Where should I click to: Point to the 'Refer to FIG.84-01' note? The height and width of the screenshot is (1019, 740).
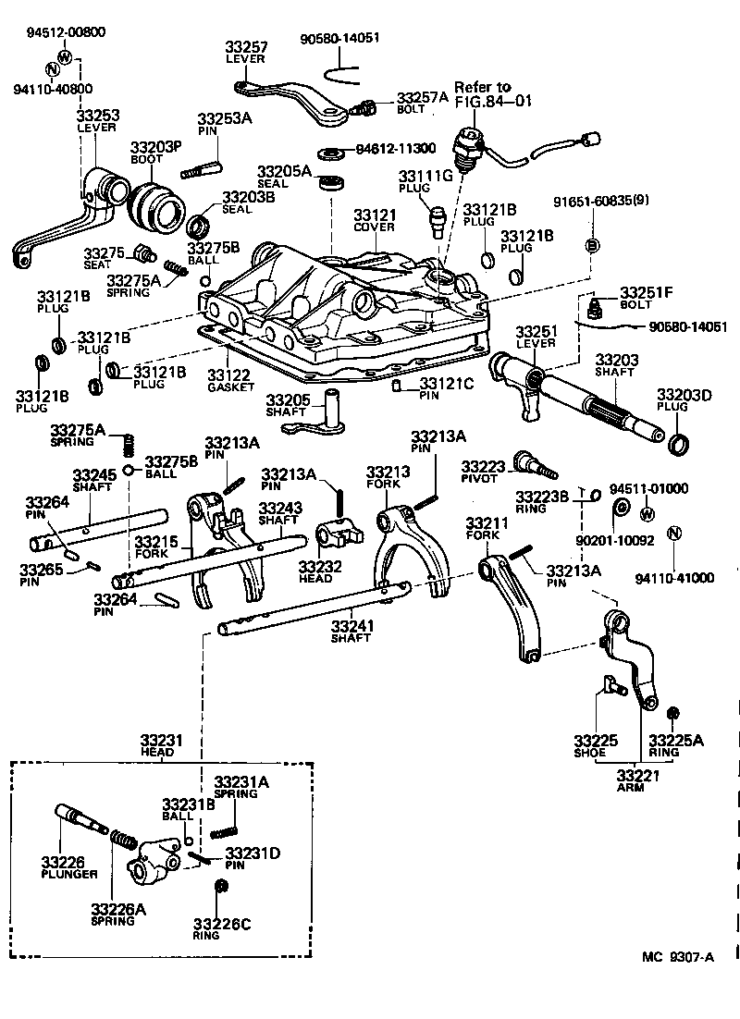(492, 93)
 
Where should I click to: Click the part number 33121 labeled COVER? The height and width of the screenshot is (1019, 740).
(375, 215)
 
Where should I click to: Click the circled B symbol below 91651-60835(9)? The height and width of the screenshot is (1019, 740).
(592, 245)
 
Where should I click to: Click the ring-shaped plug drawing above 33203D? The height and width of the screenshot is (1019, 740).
(678, 444)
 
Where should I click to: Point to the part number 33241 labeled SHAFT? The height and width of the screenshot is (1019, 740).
(351, 626)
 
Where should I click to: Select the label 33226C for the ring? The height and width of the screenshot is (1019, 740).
(219, 924)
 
